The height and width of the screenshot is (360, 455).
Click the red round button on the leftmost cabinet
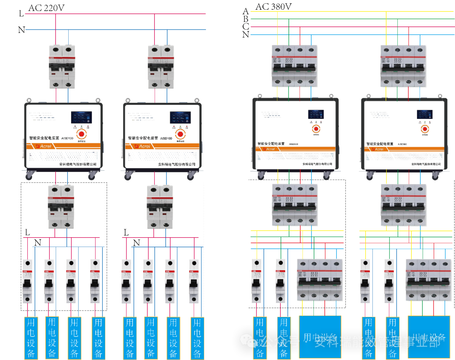[x=81, y=134]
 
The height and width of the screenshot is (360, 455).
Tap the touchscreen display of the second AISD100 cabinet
[x=180, y=118]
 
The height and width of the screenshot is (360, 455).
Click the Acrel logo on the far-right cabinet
[x=377, y=149]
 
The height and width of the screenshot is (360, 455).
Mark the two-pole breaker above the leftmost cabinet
[x=62, y=66]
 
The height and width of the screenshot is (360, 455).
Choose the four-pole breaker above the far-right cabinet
[x=403, y=66]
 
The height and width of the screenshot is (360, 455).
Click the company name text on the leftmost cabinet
[x=78, y=164]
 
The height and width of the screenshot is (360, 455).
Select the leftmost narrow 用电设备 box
[x=31, y=338]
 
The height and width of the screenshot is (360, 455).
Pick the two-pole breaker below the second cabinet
[x=160, y=207]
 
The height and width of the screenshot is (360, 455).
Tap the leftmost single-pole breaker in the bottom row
[x=27, y=281]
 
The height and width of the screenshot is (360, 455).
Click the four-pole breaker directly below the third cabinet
[x=294, y=204]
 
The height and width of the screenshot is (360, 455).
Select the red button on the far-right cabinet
[x=425, y=129]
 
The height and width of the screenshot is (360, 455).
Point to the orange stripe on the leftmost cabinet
[x=63, y=146]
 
